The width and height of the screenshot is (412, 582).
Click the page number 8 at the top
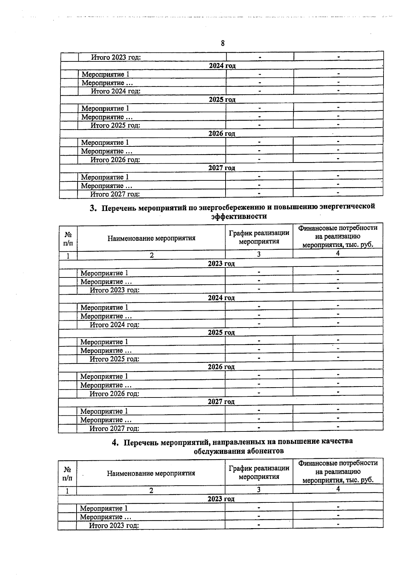point(223,44)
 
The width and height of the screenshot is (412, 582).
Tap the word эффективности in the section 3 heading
point(239,216)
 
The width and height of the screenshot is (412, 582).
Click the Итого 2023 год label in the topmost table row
point(116,57)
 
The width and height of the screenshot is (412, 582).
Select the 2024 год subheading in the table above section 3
point(222,66)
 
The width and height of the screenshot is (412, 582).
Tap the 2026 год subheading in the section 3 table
point(221,367)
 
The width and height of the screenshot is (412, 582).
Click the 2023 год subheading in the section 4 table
point(221,499)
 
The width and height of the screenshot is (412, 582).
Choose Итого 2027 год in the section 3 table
point(114,428)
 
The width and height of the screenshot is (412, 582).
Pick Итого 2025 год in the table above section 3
point(115,126)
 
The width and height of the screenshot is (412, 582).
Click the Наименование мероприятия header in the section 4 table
point(151,474)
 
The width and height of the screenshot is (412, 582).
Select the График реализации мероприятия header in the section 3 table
point(259,237)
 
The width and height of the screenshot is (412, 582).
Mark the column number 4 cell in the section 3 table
point(338,253)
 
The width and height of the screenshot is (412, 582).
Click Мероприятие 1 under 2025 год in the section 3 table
point(104,342)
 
